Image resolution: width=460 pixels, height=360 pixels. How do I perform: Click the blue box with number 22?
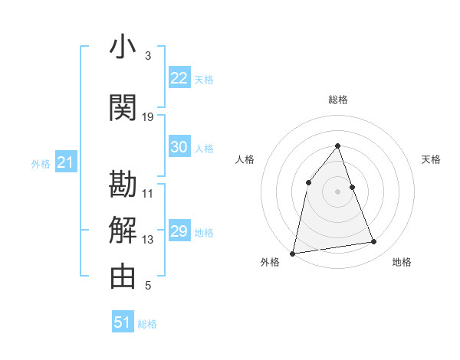click(179, 78)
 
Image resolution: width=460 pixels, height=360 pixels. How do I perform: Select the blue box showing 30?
click(179, 147)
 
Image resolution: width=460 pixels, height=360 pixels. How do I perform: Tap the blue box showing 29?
click(179, 231)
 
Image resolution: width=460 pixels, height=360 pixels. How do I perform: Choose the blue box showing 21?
click(65, 162)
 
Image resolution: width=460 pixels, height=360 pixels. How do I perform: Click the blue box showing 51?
click(123, 322)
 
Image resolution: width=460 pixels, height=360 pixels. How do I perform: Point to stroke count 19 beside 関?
click(148, 116)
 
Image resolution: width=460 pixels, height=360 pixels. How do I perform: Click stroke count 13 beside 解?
click(148, 240)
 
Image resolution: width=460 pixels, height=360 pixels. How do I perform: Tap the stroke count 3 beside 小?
click(148, 56)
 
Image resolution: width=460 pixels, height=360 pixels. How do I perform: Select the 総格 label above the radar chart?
click(338, 100)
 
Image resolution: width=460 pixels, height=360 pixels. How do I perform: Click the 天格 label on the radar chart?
click(432, 159)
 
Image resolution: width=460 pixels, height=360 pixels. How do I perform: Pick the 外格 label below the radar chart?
click(270, 262)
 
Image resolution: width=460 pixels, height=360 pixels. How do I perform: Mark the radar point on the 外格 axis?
click(293, 253)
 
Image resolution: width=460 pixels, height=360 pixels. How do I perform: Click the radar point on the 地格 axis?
click(374, 242)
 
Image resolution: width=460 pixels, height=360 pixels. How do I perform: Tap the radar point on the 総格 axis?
click(338, 146)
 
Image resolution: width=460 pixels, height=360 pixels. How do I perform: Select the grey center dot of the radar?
click(338, 191)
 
